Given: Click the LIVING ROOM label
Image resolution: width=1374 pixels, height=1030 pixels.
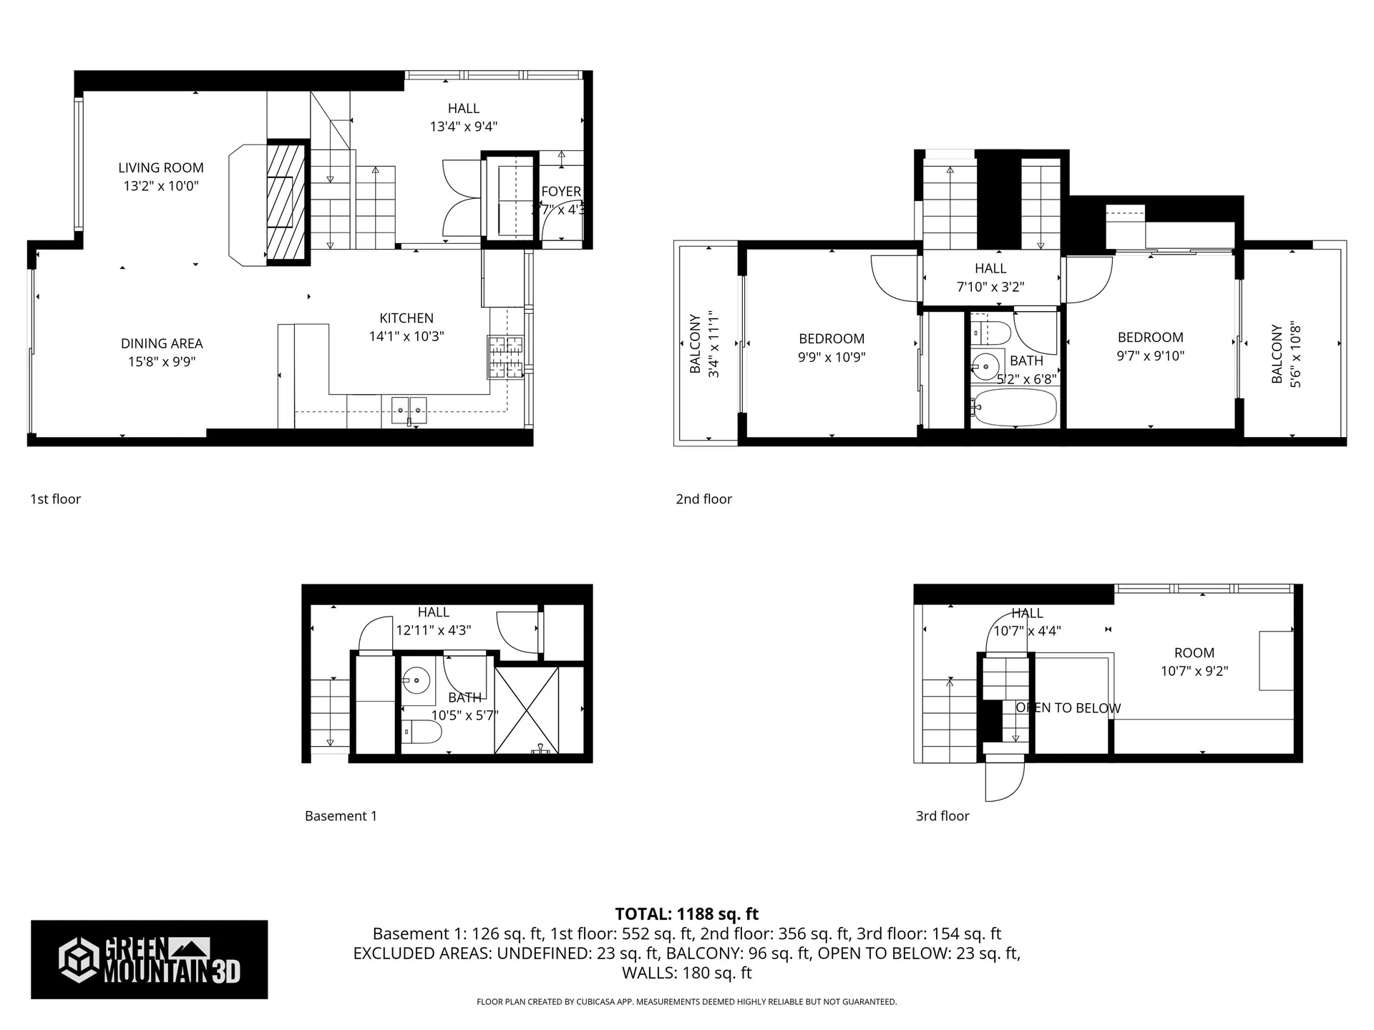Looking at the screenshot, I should coord(161,168).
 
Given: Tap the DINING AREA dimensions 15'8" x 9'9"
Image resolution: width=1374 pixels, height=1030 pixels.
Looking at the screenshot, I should coord(162,362).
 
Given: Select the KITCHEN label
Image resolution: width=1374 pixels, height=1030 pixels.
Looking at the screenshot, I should coord(406,318).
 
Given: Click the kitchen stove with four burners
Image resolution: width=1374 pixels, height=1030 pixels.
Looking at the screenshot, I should coord(506,356).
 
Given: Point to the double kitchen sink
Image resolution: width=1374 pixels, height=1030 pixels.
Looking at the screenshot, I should coord(409,411).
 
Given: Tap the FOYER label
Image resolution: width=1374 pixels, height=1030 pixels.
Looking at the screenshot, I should coord(561,192).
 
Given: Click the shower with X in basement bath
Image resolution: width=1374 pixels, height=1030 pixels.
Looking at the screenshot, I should coord(527,709).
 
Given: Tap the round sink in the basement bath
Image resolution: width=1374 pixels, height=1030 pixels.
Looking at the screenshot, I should coord(416,679).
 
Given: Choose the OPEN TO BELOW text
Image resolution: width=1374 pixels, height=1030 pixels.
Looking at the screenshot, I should coord(1068,708).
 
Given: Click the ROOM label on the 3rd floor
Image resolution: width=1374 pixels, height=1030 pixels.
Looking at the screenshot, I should coord(1194,653).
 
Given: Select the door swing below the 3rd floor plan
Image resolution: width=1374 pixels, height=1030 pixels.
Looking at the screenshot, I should coord(1003,781).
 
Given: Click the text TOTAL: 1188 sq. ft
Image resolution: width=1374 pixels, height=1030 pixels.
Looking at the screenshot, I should coord(686,914).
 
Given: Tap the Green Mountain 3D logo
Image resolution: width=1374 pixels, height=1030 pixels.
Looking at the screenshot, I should coord(149,959).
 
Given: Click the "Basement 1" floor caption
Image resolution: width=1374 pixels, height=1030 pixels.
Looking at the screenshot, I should coord(341,816).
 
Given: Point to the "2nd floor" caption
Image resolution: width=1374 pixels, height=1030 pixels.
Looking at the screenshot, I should coord(703,499).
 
